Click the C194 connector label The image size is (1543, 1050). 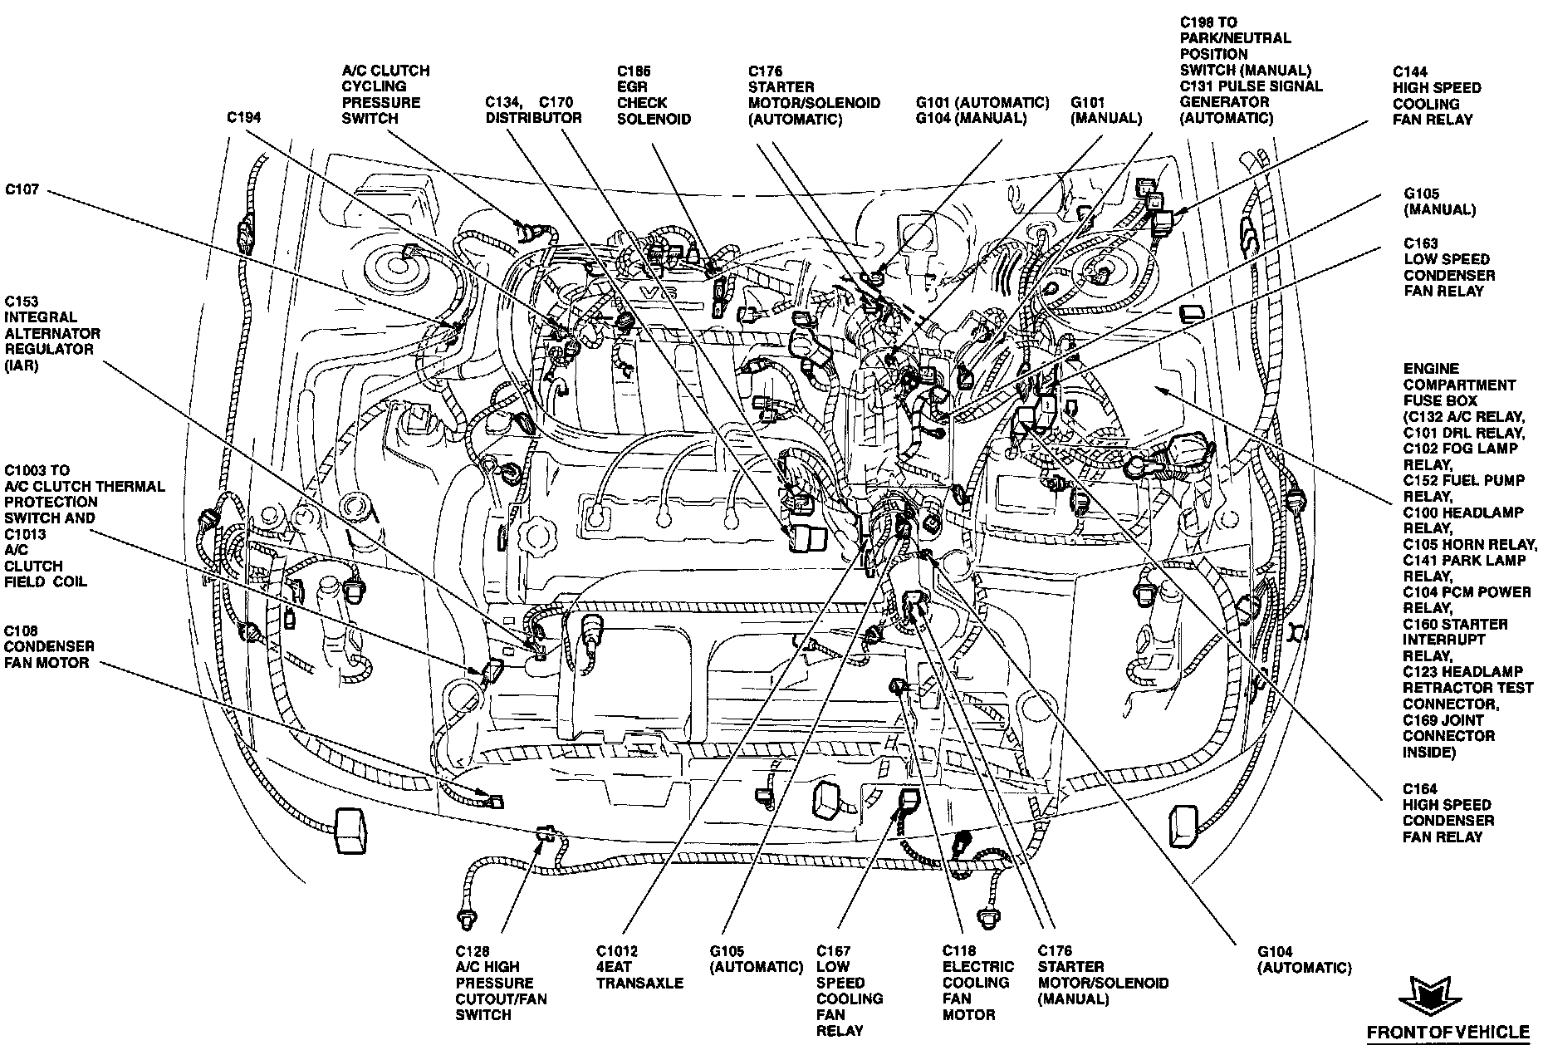244,118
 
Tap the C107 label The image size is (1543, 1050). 22,190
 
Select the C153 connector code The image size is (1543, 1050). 22,302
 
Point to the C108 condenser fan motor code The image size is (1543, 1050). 22,631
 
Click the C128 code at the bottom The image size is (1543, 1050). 473,951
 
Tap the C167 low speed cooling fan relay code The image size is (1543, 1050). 834,951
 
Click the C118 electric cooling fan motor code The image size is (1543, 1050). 958,951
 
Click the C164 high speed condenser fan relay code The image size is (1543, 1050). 1420,789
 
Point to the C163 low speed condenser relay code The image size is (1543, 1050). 1421,243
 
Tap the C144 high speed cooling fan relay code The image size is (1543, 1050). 1410,72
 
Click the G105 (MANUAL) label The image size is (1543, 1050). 1438,202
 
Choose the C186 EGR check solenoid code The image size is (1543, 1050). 634,71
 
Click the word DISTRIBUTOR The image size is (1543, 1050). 534,119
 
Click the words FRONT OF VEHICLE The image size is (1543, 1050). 1447,1033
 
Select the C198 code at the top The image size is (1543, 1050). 1198,22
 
